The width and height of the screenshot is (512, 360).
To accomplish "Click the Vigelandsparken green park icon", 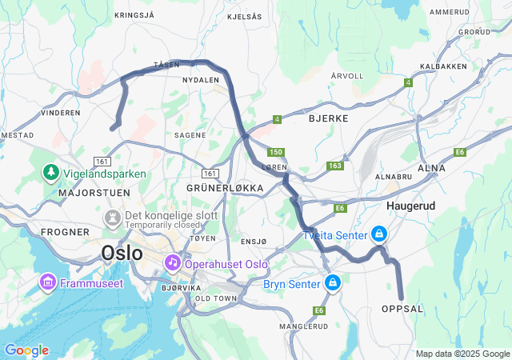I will coord(50,173).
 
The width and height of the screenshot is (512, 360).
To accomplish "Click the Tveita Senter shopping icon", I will coord(379,234).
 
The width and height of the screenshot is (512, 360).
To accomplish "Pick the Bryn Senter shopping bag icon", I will coord(332,283).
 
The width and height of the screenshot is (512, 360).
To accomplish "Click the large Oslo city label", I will coord(122,254).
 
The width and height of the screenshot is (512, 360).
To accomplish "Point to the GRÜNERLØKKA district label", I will coord(225,188).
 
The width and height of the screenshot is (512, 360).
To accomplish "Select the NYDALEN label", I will coord(201,81).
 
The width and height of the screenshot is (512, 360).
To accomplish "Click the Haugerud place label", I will coord(410,206).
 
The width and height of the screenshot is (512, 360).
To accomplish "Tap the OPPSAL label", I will coord(402,308).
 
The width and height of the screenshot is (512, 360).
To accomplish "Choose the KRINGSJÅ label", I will coord(134,14).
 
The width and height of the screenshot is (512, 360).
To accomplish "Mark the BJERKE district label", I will coord(328,118).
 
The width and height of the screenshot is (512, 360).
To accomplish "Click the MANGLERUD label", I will coord(304,326).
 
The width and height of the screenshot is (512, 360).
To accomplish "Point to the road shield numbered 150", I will coord(276,152).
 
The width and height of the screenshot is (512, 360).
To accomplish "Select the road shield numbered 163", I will coord(334,166).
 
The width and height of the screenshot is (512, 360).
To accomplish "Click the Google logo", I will coord(26,350).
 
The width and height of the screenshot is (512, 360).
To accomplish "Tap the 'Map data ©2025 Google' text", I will coord(462,354).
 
